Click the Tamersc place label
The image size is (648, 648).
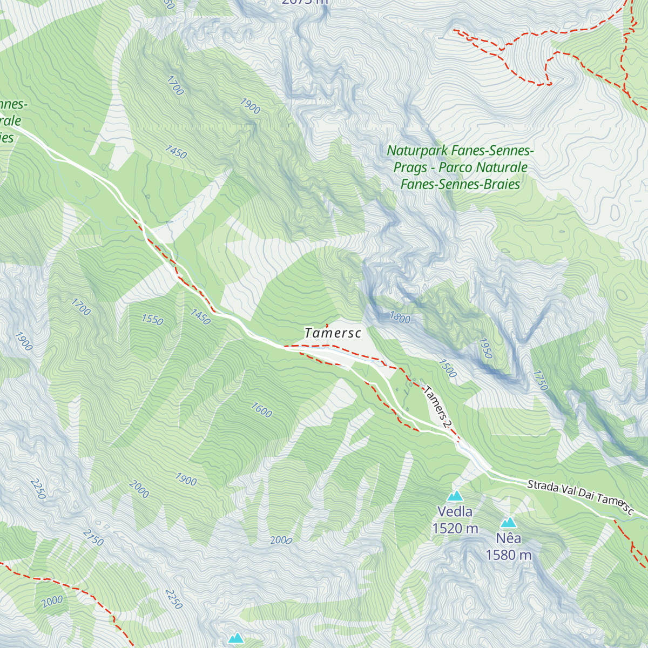coord(333,333)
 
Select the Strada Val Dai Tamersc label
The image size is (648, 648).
coord(580,495)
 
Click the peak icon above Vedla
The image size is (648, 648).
coord(455,496)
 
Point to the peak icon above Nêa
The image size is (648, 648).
coord(508,522)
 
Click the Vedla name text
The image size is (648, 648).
coord(455,512)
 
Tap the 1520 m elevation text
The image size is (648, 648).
coord(455,529)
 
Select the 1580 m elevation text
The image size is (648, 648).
coord(508,555)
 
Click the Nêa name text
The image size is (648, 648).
coord(509,538)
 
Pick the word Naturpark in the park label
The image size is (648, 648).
coord(416,151)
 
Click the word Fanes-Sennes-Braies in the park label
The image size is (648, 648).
coord(460,184)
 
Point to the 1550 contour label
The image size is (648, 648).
coord(152,320)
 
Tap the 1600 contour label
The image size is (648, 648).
coord(261,410)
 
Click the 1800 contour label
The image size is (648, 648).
coord(400,318)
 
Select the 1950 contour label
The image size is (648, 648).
coord(485,349)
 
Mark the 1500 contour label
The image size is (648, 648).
coord(447,368)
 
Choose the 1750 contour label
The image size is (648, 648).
coord(540,380)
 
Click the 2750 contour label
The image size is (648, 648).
coord(93,537)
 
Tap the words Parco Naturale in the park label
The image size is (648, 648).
coord(483,167)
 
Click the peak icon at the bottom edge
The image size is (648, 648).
coord(235,639)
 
